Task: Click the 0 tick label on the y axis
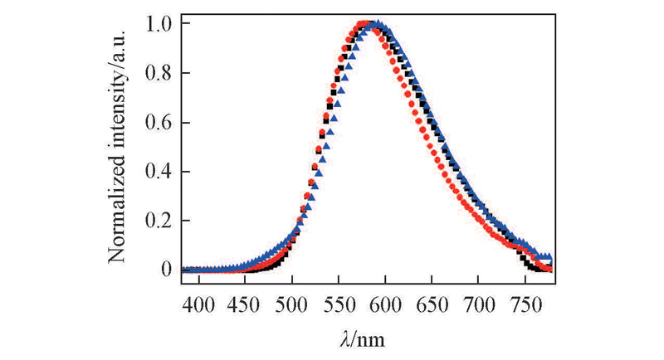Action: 167,270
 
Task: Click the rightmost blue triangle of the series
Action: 548,259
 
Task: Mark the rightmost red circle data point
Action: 548,265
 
